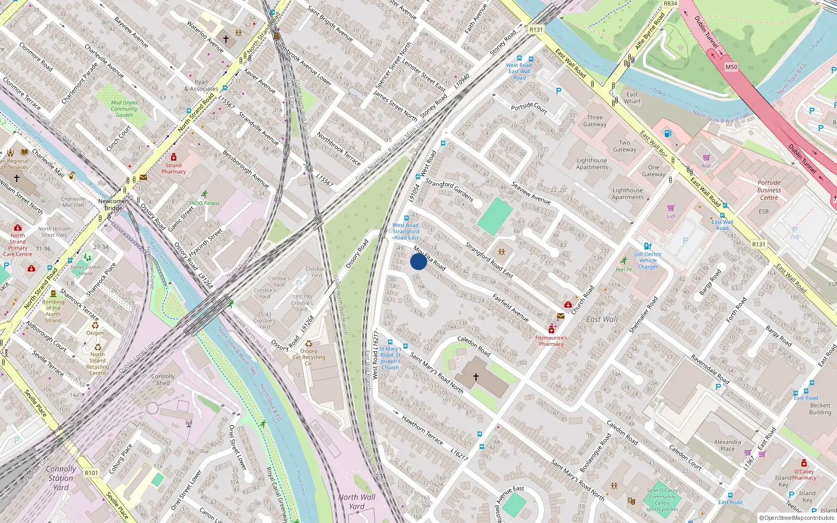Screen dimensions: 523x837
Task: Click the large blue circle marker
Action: click(418, 261)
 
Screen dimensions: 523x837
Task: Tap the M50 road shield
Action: click(731, 67)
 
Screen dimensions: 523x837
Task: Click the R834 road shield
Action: click(670, 4)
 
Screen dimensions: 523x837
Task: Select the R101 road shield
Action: click(92, 473)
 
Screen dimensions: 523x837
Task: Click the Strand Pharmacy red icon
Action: click(174, 157)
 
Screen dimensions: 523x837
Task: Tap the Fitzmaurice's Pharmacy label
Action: click(551, 341)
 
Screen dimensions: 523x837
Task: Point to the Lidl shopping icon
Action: click(671, 208)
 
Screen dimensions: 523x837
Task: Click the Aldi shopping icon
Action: click(706, 157)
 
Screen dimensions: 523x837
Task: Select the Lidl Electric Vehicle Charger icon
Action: click(648, 246)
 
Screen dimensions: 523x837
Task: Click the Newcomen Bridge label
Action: click(113, 204)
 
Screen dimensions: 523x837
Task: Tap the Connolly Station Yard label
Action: click(61, 478)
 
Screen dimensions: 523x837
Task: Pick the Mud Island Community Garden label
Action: click(124, 109)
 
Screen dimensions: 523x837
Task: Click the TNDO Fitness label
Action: click(204, 203)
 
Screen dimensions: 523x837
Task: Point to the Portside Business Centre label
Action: click(769, 190)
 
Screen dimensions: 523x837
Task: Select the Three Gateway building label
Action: click(595, 121)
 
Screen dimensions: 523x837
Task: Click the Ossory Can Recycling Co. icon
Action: click(309, 344)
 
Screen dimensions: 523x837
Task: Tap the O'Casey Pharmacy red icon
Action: click(804, 463)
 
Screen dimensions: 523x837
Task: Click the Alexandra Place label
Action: click(727, 445)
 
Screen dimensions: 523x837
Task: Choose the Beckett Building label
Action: click(820, 409)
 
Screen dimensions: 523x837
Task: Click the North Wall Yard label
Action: click(357, 502)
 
